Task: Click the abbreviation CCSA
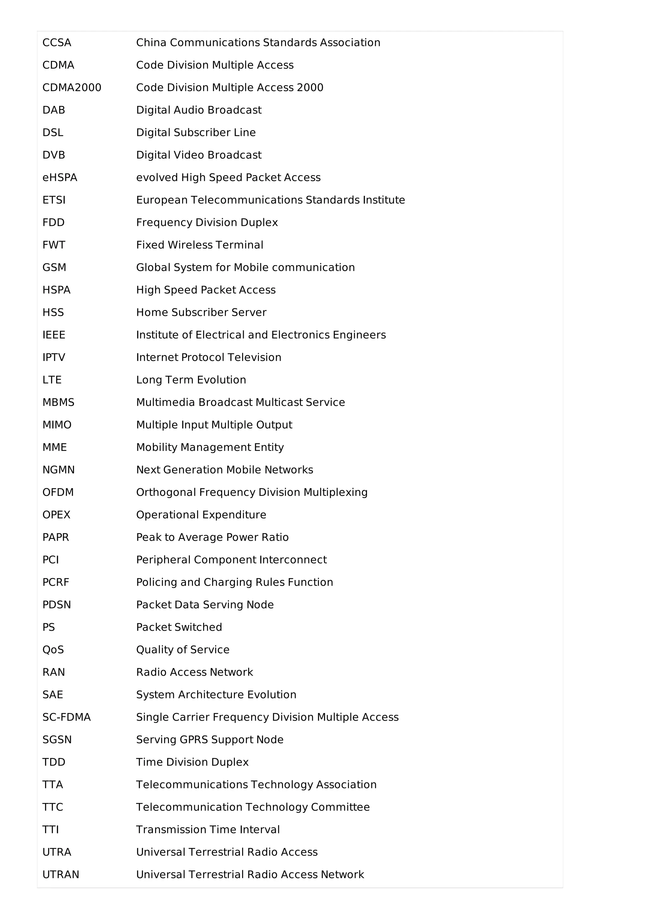coord(56,43)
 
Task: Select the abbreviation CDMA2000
coord(72,88)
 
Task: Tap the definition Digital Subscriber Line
coord(196,133)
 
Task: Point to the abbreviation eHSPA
coord(60,177)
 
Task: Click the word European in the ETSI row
coord(162,200)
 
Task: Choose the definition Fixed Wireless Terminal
coord(199,244)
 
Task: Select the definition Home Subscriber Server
coord(201,312)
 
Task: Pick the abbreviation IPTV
coord(54,357)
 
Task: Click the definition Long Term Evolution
coord(191,380)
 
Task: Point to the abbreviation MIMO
coord(57,425)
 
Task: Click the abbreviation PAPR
coord(56,537)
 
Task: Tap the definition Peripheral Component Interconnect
coord(231,560)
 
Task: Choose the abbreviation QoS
coord(53,650)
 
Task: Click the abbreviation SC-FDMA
coord(66,717)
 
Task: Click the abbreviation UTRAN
coord(61,875)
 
